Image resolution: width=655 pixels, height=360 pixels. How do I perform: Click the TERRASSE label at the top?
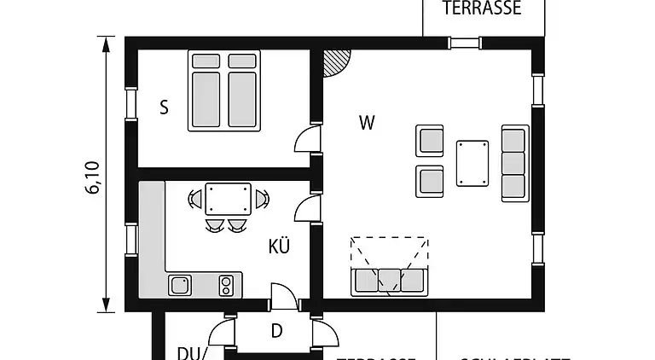482,9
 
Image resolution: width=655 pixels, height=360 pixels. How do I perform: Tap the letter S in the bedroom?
164,107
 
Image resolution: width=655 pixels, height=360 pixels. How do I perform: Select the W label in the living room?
367,123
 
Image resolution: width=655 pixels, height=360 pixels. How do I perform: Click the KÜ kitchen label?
279,247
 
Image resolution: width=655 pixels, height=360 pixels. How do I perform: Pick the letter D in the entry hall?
276,331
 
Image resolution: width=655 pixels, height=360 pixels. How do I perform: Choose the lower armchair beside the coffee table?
430,181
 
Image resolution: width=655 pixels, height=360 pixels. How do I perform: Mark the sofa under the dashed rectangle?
389,280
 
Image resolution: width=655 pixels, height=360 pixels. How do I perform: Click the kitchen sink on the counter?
181,284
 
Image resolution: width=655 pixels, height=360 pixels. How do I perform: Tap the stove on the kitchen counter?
227,284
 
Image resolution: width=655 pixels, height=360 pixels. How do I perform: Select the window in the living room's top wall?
465,43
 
